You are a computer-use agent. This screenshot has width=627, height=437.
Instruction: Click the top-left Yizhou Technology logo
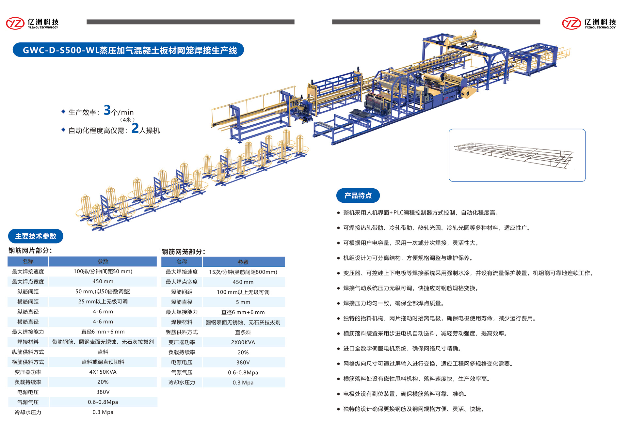coord(32,23)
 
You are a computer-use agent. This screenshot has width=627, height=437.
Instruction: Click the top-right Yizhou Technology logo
coord(589,23)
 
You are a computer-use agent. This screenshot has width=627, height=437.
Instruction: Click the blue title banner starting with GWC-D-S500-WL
coord(128,50)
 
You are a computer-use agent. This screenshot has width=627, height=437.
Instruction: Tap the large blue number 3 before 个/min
coord(107,110)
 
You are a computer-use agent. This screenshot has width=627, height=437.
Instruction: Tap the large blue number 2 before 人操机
coord(135,128)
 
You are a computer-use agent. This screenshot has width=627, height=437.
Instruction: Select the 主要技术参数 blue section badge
coord(36,236)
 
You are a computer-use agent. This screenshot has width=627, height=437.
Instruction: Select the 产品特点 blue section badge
coord(358,195)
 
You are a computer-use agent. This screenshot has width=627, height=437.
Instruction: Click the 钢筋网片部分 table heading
coord(30,251)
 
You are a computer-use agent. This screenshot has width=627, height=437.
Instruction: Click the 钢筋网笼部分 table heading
coord(184,252)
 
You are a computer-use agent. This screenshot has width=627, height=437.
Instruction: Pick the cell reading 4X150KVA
coord(103,372)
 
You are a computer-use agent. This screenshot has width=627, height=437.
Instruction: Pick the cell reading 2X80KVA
coord(243,342)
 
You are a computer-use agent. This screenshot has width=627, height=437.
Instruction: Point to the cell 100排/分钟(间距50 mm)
coord(103,272)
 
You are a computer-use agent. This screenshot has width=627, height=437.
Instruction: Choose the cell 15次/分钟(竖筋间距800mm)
coord(243,272)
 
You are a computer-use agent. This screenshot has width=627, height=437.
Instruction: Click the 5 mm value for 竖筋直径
coord(243,302)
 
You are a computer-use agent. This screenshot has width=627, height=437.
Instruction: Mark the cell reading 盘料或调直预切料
coord(103,362)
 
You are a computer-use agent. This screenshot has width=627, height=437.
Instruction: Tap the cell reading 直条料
coord(243,332)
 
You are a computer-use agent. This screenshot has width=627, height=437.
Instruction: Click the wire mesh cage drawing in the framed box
coord(514,155)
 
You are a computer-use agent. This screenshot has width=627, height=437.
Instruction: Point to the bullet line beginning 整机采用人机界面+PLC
coord(421,213)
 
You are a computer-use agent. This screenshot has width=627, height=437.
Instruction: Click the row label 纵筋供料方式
coord(28,352)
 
